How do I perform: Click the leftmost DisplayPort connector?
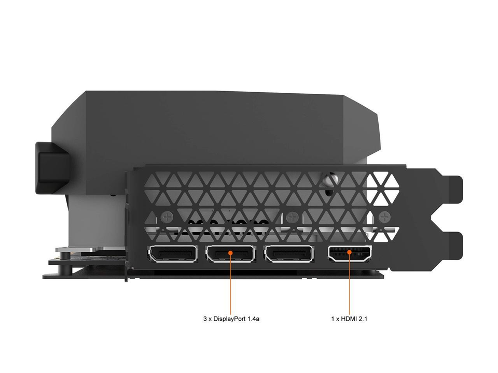[174, 254]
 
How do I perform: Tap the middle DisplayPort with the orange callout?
[231, 254]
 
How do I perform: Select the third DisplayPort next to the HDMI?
[289, 254]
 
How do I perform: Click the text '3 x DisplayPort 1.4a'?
[231, 319]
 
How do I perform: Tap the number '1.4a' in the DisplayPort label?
[252, 319]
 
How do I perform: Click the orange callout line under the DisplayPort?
[231, 285]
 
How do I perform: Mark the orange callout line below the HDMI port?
[350, 285]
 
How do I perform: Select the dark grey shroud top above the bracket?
[228, 124]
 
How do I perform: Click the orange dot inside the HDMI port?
[350, 252]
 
